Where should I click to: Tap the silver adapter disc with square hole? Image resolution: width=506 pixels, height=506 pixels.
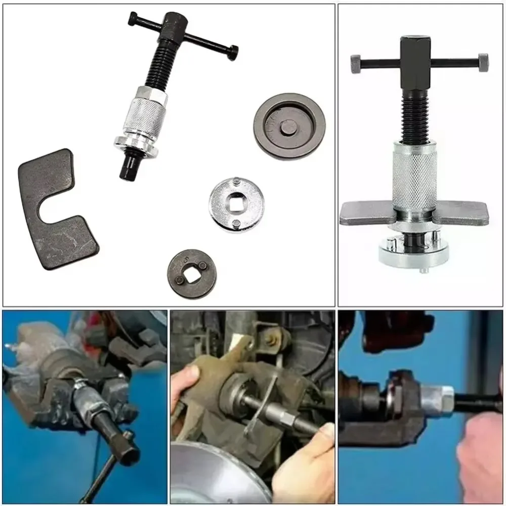tap(234, 205)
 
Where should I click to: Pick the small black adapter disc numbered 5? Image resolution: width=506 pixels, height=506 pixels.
tap(188, 273)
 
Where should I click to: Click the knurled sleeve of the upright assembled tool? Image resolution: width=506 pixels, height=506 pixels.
tap(414, 175)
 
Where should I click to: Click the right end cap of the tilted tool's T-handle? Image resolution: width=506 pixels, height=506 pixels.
tap(233, 52)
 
